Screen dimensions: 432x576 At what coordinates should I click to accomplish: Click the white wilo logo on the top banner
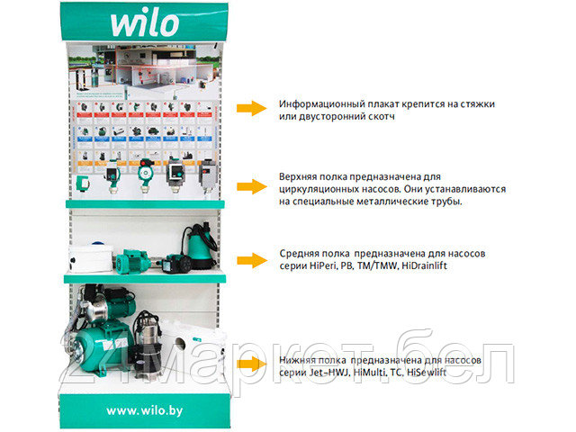pyautogui.click(x=144, y=23)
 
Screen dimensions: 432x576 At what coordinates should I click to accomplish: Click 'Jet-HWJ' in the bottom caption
pyautogui.click(x=340, y=373)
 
